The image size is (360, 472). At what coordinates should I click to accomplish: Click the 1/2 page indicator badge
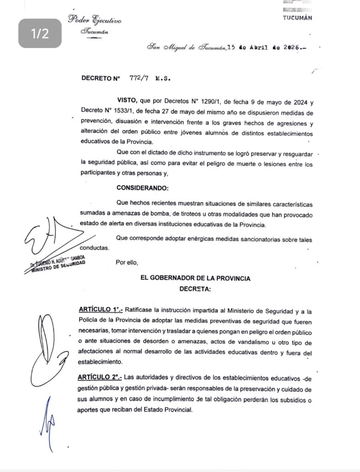tap(40, 33)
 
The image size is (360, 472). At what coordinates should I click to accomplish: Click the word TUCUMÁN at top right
tap(297, 18)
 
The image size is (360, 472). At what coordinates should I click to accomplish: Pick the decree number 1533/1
tap(128, 112)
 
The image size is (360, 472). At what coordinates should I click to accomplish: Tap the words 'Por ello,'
tap(127, 262)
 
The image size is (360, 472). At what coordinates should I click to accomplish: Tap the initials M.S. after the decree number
tap(163, 78)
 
